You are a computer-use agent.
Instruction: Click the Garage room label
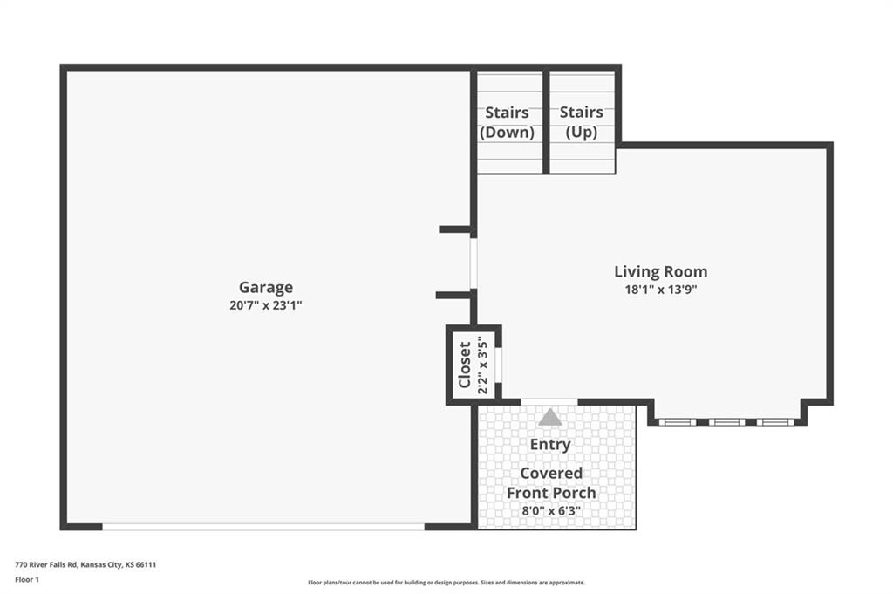click(x=265, y=288)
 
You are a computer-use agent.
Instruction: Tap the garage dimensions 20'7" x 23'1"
click(x=265, y=305)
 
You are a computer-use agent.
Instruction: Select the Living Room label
click(x=661, y=271)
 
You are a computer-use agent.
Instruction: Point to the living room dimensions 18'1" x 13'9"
click(x=661, y=290)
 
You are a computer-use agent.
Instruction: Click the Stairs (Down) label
click(x=507, y=122)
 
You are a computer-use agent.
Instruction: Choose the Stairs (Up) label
click(x=582, y=122)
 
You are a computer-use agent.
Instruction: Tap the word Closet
click(x=465, y=365)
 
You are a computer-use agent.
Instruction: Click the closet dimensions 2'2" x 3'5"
click(x=483, y=365)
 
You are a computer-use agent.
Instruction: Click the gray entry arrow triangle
click(x=550, y=417)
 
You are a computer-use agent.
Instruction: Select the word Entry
click(x=550, y=444)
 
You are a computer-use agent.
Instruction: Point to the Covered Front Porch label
click(x=551, y=483)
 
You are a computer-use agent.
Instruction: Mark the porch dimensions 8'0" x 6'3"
click(x=551, y=511)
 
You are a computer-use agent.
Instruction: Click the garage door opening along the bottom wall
click(x=263, y=527)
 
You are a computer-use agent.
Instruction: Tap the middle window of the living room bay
click(x=726, y=422)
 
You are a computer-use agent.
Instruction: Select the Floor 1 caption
click(x=27, y=580)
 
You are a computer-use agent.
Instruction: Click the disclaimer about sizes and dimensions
click(x=446, y=583)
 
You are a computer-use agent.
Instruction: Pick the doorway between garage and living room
click(x=474, y=263)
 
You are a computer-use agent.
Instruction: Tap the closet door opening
click(x=498, y=365)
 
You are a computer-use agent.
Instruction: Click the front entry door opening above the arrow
click(x=549, y=402)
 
